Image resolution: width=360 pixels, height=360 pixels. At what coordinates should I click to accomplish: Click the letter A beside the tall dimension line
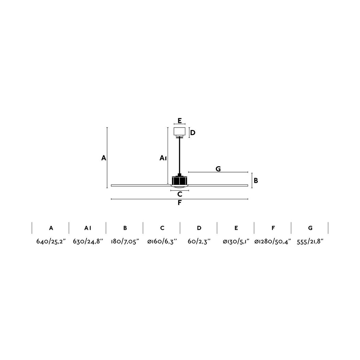click(x=104, y=158)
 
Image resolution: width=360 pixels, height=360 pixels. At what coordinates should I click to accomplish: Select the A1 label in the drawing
click(x=163, y=158)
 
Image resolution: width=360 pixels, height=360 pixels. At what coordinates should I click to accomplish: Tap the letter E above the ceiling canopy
click(x=180, y=121)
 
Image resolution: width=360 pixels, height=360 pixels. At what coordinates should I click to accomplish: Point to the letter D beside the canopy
click(x=193, y=133)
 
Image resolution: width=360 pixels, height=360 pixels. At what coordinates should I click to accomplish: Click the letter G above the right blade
click(x=218, y=169)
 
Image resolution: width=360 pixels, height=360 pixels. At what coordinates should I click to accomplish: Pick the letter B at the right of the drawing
click(x=256, y=180)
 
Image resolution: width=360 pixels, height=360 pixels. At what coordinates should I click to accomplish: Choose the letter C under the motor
click(x=180, y=194)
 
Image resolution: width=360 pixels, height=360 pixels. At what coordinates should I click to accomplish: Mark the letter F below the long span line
click(x=180, y=203)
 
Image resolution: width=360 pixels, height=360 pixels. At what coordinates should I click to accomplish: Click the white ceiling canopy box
click(x=180, y=131)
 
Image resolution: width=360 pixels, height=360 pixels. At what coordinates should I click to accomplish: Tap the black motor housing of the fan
click(x=180, y=180)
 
